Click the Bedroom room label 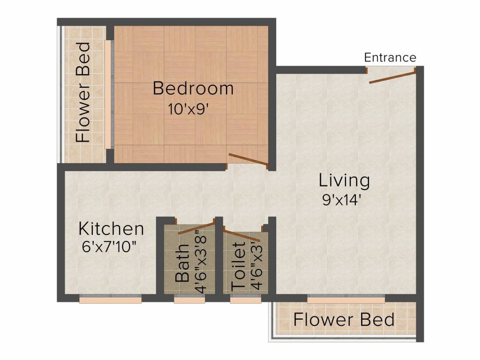[193, 88]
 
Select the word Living [344, 181]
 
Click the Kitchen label [111, 229]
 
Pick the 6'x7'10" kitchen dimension [109, 247]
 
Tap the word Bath [182, 262]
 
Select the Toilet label [239, 267]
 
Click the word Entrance [390, 58]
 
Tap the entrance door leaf [392, 78]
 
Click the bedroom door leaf [248, 160]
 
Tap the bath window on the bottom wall [189, 299]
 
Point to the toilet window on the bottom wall [246, 299]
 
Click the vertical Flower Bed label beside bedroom [83, 92]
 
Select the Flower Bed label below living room [344, 320]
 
